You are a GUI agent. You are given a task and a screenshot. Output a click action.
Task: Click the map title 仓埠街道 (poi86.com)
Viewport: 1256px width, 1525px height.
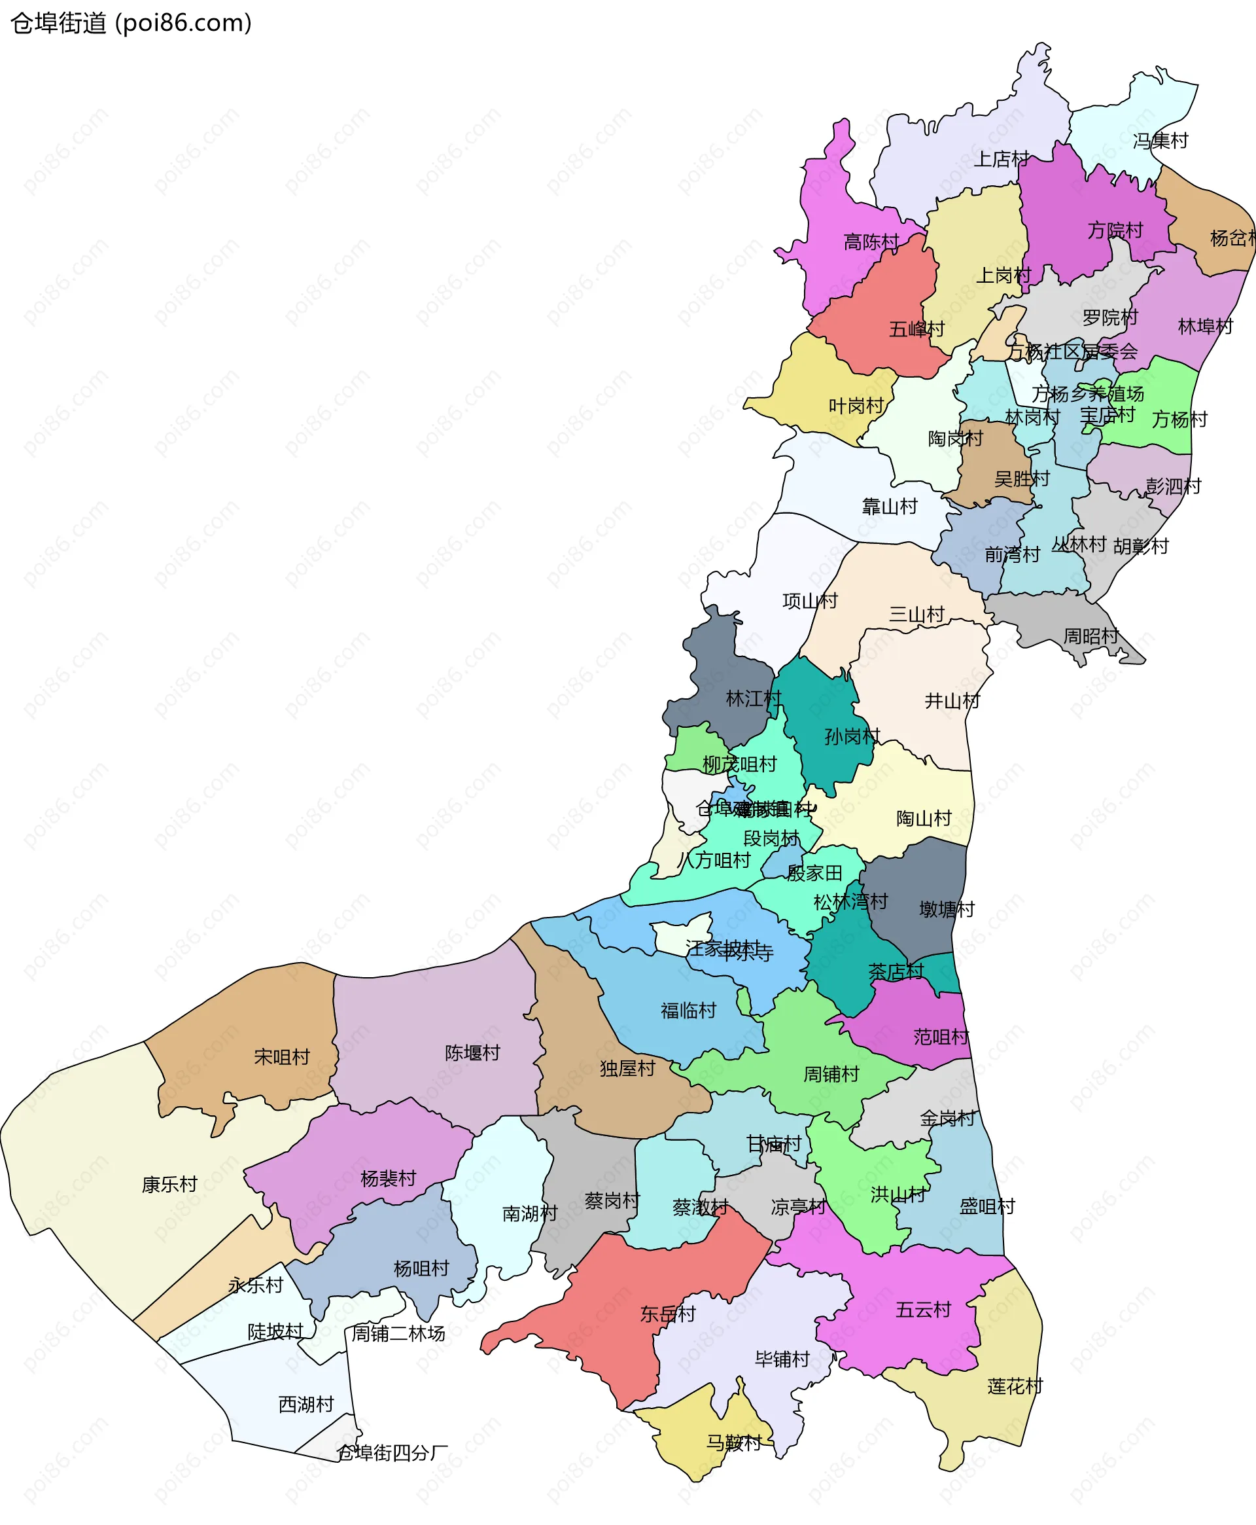[x=131, y=23]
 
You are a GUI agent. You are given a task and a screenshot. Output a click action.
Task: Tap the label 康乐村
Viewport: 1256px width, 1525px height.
[x=169, y=1185]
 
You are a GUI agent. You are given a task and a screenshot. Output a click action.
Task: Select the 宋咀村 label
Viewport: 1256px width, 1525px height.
[x=281, y=1058]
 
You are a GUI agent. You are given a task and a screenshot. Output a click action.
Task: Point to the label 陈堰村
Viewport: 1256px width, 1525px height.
[x=472, y=1053]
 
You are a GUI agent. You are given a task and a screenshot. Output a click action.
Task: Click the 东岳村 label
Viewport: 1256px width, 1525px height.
[x=667, y=1314]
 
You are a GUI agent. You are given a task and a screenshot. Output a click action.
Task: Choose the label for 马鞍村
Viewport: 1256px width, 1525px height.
[x=733, y=1443]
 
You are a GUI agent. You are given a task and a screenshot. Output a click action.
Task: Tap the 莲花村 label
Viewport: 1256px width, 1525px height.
[x=1015, y=1387]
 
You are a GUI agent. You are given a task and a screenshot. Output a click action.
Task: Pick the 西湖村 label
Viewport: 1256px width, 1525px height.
[x=306, y=1405]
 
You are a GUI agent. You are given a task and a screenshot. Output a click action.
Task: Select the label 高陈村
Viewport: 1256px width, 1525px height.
[x=871, y=242]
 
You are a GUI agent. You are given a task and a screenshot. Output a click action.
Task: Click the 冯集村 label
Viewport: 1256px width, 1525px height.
[x=1160, y=141]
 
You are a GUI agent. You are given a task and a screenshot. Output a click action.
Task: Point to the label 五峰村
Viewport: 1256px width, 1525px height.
[x=916, y=329]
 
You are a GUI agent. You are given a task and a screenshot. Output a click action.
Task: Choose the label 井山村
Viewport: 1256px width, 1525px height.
[x=952, y=700]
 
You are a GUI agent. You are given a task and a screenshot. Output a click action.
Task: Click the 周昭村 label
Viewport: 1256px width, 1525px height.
[x=1091, y=636]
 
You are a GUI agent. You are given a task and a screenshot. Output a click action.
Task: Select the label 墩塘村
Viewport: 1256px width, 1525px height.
[x=947, y=909]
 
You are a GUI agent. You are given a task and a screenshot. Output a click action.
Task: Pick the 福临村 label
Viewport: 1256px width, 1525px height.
[x=688, y=1011]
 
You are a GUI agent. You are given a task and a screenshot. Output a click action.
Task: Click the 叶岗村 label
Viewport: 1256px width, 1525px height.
[x=856, y=406]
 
